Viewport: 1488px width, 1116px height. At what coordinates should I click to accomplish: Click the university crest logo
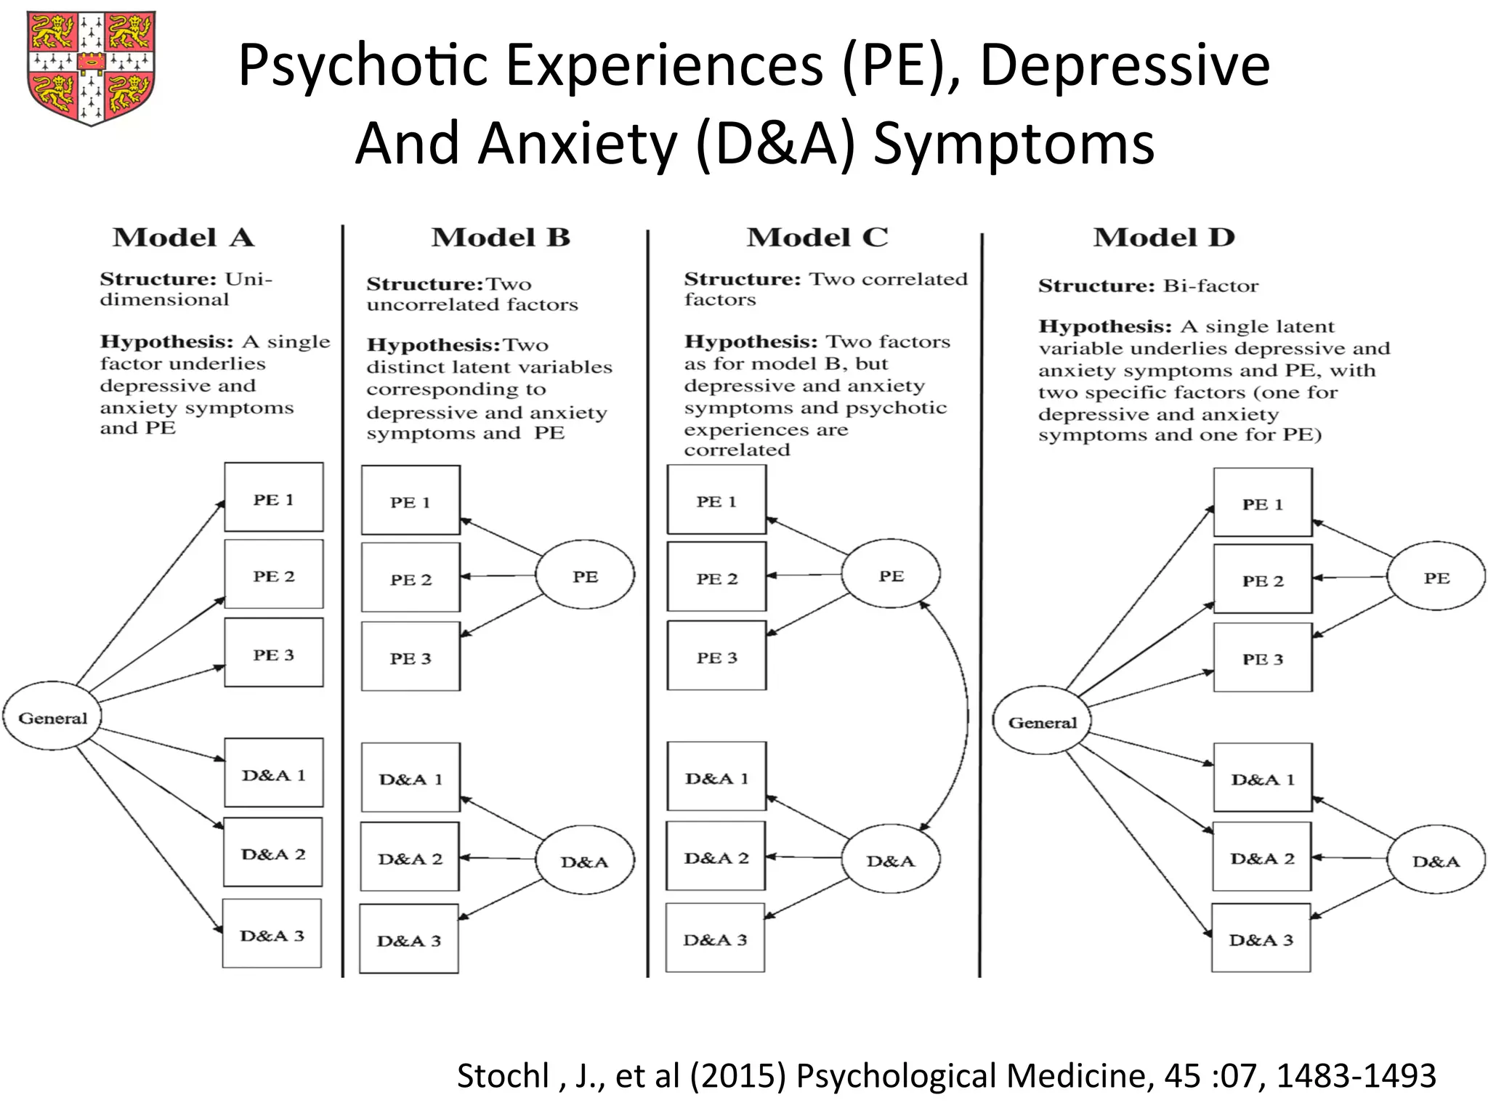click(x=91, y=68)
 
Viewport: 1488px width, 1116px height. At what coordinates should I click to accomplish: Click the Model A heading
click(x=183, y=238)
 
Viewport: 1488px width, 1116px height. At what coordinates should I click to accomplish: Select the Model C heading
click(x=817, y=238)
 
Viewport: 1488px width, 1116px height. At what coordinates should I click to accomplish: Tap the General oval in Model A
click(x=52, y=717)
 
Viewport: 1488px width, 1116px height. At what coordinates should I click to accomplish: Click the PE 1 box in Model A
click(x=274, y=498)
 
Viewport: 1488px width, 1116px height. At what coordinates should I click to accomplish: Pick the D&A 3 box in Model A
click(x=272, y=934)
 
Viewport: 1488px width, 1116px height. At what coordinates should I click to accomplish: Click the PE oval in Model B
click(x=585, y=575)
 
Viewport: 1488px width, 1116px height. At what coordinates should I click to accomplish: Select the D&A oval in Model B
click(x=585, y=861)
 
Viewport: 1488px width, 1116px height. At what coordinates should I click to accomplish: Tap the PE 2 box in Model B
click(x=411, y=579)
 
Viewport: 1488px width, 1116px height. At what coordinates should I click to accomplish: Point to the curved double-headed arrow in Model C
click(x=966, y=716)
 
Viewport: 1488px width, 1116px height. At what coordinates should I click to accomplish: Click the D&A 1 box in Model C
click(x=716, y=777)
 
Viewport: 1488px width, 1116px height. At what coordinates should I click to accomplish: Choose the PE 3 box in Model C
click(x=716, y=656)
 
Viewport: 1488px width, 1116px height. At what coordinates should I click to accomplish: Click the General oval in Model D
click(x=1042, y=721)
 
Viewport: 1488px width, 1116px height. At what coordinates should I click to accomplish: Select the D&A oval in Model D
click(x=1436, y=860)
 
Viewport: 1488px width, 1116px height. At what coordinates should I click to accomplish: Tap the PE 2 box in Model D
click(x=1263, y=579)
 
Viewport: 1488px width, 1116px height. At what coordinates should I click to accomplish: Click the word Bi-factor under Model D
click(x=1210, y=286)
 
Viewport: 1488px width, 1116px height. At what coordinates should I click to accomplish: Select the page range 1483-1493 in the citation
click(x=1356, y=1076)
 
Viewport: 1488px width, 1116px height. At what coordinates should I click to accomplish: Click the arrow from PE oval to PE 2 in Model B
click(x=498, y=576)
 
